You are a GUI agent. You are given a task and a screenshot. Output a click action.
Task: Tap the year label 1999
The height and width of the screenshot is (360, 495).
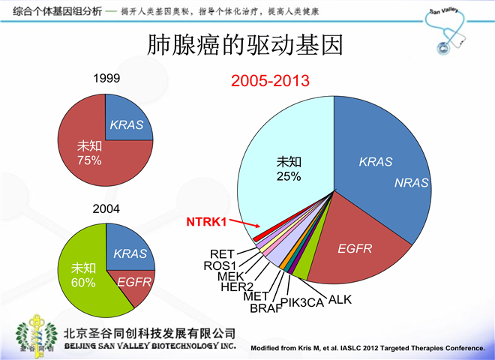pyautogui.click(x=106, y=78)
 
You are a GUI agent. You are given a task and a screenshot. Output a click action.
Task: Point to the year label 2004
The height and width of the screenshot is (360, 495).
pyautogui.click(x=106, y=208)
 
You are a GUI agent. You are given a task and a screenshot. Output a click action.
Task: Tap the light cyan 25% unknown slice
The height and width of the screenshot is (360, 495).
pyautogui.click(x=289, y=165)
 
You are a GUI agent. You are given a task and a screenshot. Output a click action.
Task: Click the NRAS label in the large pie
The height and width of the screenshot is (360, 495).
pyautogui.click(x=409, y=183)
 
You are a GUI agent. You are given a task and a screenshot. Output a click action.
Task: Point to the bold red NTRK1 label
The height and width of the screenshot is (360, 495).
pyautogui.click(x=206, y=221)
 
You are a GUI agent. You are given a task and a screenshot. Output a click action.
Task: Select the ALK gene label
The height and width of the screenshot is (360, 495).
pyautogui.click(x=340, y=300)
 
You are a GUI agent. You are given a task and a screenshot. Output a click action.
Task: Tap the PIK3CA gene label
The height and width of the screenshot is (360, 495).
pyautogui.click(x=301, y=301)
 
